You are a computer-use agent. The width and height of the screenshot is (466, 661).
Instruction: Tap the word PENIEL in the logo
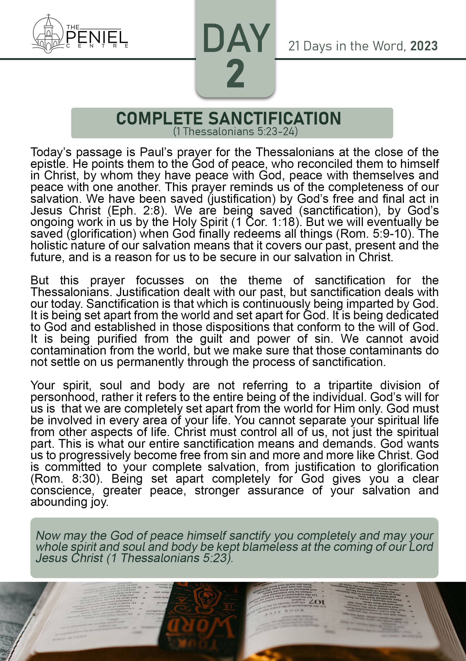pos(97,37)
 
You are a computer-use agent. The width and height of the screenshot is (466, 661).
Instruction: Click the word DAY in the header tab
pos(236,39)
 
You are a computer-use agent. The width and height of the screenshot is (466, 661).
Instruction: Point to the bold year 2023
pos(424,46)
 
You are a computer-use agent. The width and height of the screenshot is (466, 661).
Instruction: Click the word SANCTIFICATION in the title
pos(275,118)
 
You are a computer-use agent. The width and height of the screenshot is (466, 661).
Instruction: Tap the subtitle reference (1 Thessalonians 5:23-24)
pos(235,132)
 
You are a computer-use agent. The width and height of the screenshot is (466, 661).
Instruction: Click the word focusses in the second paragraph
pos(160,280)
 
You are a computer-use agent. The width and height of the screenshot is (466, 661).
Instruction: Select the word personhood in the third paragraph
pos(64,397)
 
